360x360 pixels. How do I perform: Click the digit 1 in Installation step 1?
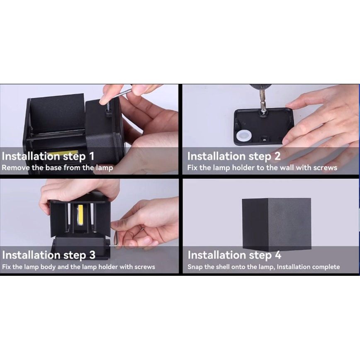coord(92,156)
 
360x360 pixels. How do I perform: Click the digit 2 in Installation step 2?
coord(277,156)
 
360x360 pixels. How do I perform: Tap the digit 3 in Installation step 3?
coord(92,255)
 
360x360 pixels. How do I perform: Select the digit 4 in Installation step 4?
coord(278,255)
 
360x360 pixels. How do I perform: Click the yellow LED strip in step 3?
coord(80,214)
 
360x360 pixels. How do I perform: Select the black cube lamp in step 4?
coord(276,224)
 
